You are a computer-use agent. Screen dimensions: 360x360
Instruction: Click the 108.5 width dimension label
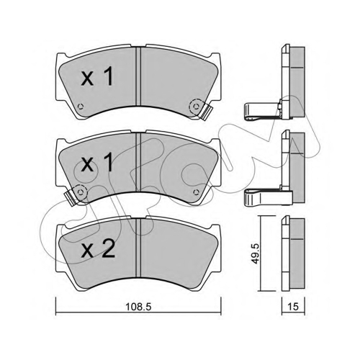(x=138, y=307)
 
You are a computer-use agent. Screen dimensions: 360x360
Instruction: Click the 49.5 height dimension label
(x=256, y=253)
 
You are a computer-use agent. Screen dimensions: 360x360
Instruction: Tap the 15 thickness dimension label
(x=293, y=307)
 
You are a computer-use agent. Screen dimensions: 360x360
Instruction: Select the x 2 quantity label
(x=98, y=250)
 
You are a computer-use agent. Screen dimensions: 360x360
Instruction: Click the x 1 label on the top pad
(x=97, y=76)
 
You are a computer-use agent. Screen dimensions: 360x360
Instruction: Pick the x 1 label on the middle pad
(x=97, y=162)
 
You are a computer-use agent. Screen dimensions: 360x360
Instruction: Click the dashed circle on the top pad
(x=197, y=106)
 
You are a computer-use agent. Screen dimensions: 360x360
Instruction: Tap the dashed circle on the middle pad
(x=81, y=192)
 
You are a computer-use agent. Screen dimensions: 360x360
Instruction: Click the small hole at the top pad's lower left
(x=81, y=106)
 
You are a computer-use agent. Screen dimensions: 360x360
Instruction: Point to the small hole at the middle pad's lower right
(x=197, y=192)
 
